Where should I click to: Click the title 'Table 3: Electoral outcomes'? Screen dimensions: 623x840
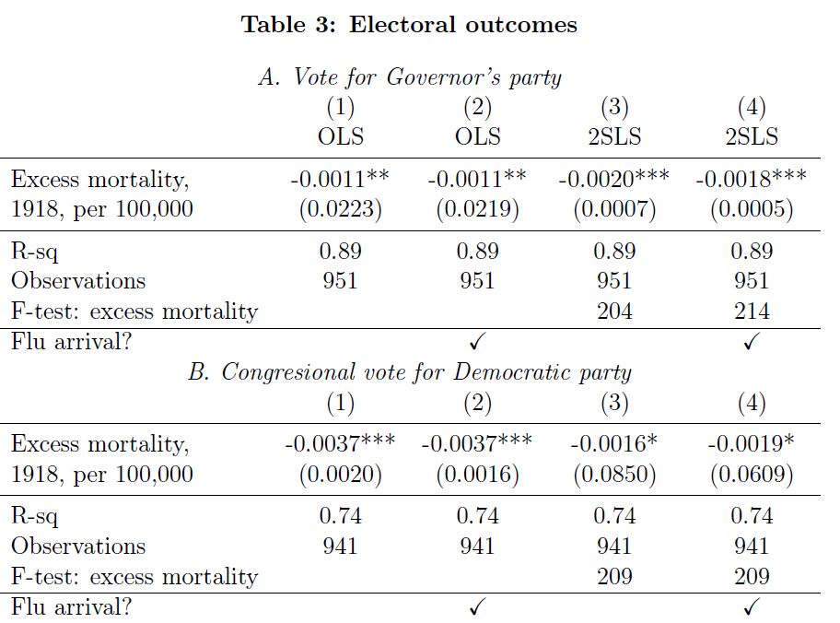(409, 25)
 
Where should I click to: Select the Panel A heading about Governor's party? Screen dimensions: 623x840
(410, 76)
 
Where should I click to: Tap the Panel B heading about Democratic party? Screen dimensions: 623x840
(410, 372)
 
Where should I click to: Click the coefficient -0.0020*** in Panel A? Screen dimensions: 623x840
(614, 179)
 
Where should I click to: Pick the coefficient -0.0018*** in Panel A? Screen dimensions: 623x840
(752, 179)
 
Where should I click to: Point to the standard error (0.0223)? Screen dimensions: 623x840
(341, 209)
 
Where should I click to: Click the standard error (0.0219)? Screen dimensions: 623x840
(477, 209)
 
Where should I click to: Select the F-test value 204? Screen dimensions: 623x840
(614, 311)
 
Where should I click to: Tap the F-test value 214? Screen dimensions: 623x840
(752, 311)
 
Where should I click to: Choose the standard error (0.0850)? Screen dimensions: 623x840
(614, 475)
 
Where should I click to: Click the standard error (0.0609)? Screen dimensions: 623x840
(752, 475)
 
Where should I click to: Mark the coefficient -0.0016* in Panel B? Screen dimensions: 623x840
(614, 444)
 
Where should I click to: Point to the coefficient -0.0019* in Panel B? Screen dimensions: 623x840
(752, 444)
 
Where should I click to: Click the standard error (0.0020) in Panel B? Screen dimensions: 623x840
(341, 475)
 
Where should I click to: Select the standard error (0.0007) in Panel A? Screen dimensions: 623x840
(614, 209)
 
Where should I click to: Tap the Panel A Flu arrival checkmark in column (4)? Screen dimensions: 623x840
(752, 342)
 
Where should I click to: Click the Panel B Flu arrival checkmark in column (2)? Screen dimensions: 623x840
(477, 607)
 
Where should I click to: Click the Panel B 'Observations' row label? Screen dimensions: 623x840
(78, 546)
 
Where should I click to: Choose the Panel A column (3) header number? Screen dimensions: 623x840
(614, 108)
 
